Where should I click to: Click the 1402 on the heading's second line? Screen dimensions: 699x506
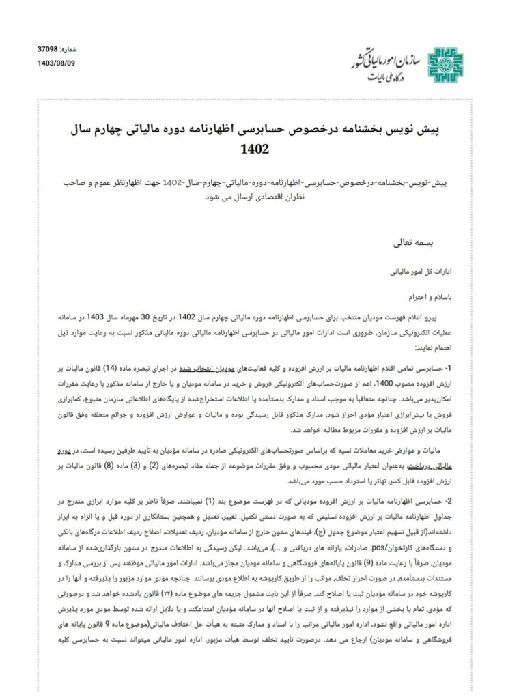pos(253,149)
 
